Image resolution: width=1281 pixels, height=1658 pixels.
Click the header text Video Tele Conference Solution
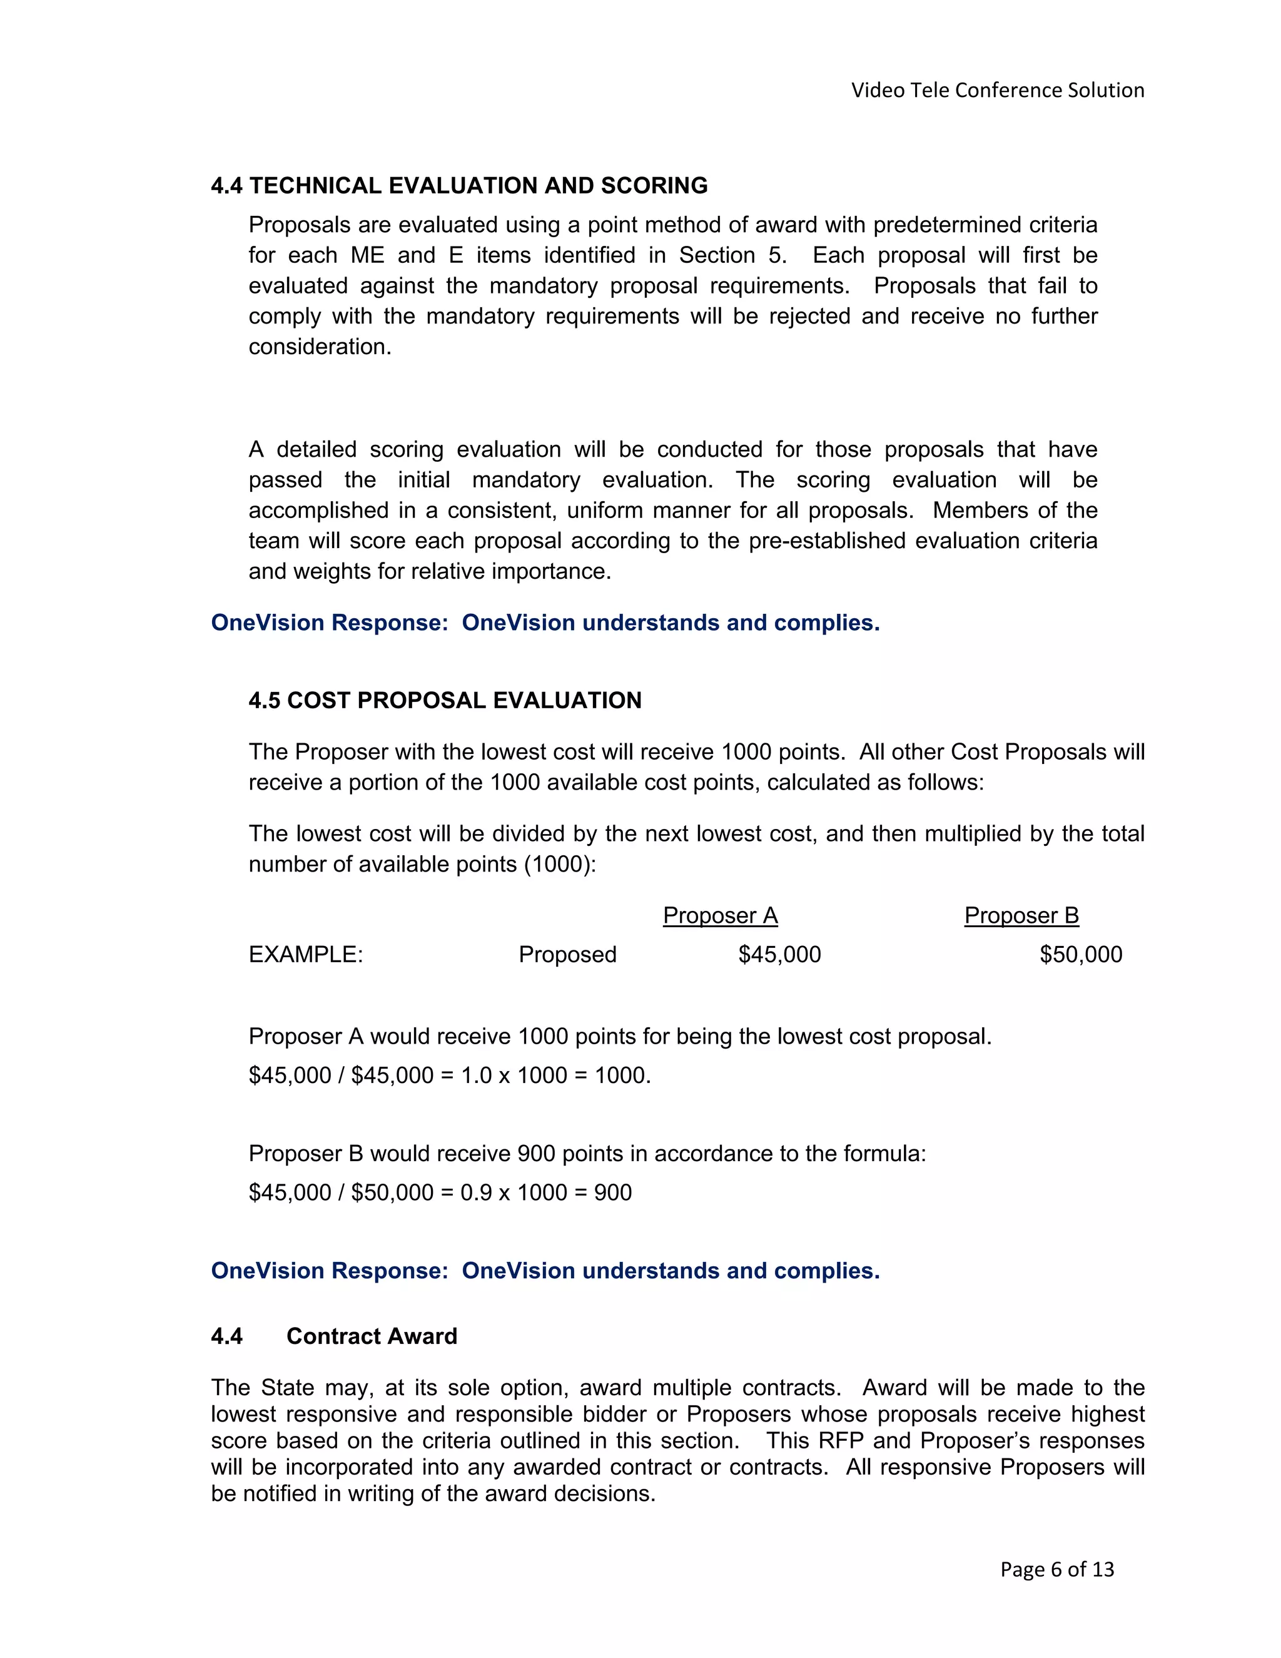(x=997, y=90)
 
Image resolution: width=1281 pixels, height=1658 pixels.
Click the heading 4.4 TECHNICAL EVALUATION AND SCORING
(x=459, y=186)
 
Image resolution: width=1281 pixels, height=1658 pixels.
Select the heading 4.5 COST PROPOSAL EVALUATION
(x=445, y=700)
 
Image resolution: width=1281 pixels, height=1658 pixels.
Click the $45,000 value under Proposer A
(x=779, y=954)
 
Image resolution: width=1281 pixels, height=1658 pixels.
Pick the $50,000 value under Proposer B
(x=1081, y=954)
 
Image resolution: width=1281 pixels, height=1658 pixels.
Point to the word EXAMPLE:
(x=306, y=954)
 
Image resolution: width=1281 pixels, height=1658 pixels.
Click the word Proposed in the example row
(x=568, y=954)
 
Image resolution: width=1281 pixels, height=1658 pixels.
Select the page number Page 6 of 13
(x=1057, y=1569)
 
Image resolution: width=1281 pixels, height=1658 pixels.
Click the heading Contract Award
(x=372, y=1336)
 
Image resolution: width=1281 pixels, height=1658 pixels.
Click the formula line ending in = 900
(x=440, y=1193)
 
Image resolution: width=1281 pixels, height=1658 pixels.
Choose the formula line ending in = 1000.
(x=449, y=1076)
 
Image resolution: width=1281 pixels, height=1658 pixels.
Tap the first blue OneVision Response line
(x=545, y=623)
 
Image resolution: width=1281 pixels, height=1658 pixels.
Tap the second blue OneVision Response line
(x=545, y=1271)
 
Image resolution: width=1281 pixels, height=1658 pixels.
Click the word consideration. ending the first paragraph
(x=320, y=347)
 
